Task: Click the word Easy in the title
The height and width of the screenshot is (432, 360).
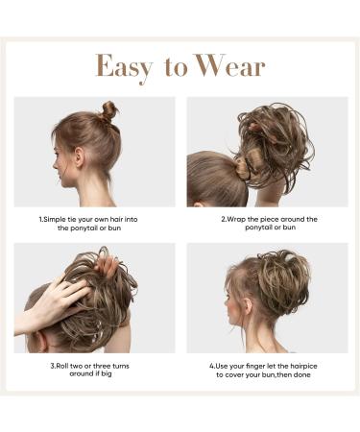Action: tap(128, 66)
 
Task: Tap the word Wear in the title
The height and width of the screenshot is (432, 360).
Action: tap(231, 66)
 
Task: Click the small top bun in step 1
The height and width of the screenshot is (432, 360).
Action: tap(109, 110)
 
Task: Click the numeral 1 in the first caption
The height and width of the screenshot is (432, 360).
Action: tap(41, 219)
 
